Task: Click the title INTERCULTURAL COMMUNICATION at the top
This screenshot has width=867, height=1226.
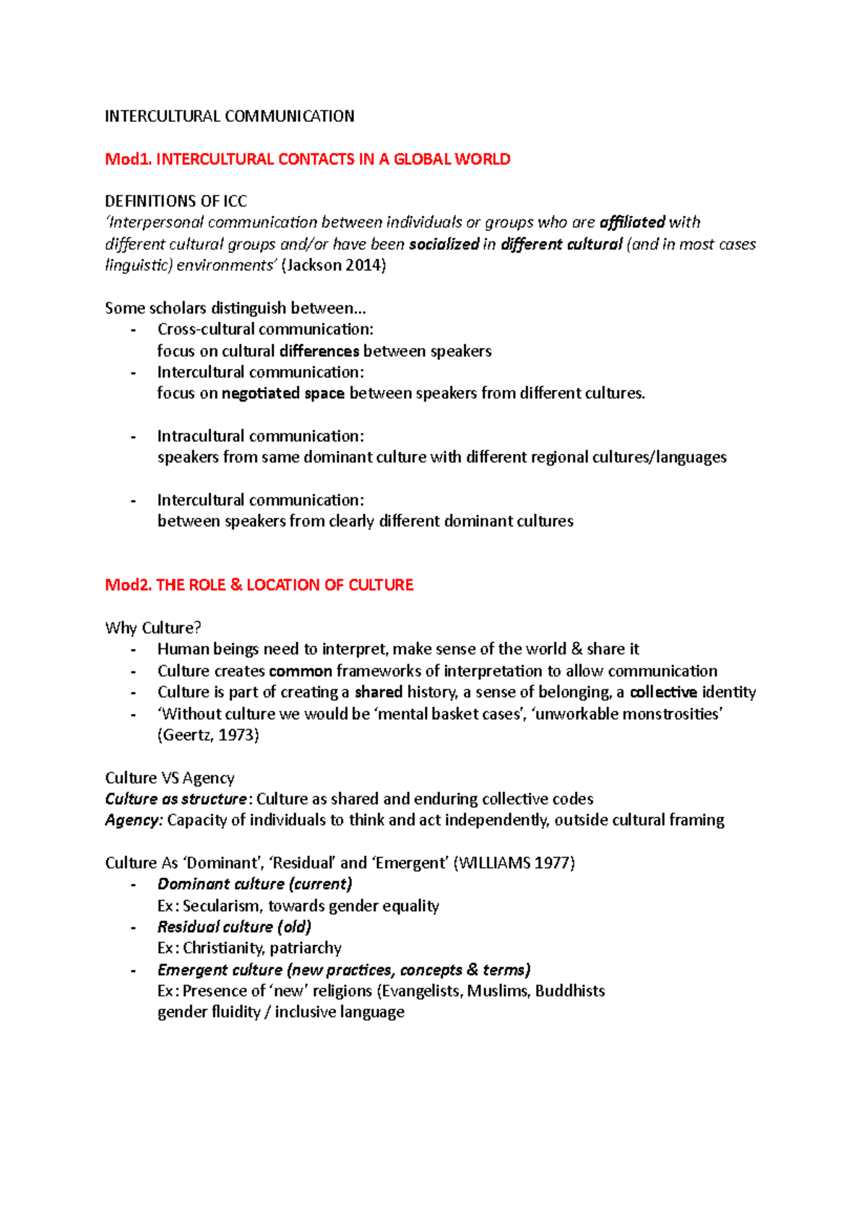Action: (x=229, y=116)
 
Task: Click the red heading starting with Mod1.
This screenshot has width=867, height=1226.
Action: (x=307, y=159)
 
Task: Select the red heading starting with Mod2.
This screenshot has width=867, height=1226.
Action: (x=259, y=585)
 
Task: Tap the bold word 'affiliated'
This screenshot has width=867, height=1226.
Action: (x=632, y=222)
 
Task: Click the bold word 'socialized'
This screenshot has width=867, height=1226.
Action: (x=444, y=244)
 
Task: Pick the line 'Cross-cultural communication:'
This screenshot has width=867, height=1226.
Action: (x=265, y=329)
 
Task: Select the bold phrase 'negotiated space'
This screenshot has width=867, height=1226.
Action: (x=282, y=394)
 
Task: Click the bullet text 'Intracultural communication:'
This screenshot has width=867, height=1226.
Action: (x=260, y=436)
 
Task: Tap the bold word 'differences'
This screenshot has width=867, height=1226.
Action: (x=319, y=351)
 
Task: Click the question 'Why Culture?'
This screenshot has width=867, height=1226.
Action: (x=152, y=627)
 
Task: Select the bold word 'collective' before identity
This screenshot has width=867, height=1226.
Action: (x=663, y=692)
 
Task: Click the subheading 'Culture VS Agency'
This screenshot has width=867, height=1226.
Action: (x=169, y=778)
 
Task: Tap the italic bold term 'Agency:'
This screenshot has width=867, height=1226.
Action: (x=134, y=820)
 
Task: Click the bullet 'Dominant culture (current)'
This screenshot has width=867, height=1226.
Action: (x=254, y=884)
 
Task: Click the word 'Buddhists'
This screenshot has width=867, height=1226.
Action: (x=569, y=991)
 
